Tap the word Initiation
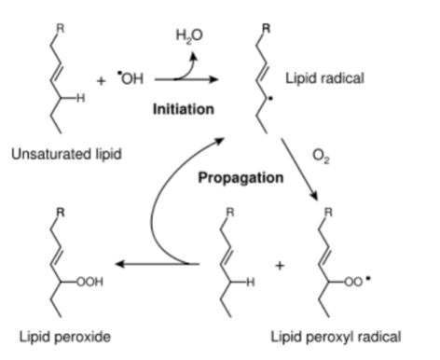click(x=184, y=109)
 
